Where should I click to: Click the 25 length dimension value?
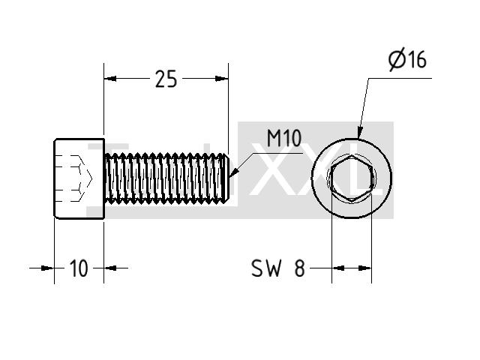(166, 79)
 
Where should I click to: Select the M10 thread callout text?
(284, 138)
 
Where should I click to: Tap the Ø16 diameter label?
(407, 59)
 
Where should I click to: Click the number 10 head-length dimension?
(79, 268)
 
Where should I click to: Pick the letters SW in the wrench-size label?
(266, 268)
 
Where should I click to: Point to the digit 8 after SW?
(300, 268)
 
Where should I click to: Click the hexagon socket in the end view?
(352, 178)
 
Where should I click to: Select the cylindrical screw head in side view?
(79, 178)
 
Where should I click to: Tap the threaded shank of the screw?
(166, 178)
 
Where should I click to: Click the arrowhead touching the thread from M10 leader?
(233, 173)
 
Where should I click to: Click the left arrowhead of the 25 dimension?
(110, 79)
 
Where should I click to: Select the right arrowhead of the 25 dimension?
(222, 79)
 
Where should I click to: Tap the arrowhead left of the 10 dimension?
(47, 268)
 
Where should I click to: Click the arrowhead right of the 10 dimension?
(110, 268)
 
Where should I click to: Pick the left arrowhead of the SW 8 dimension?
(338, 268)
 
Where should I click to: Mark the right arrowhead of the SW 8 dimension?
(365, 268)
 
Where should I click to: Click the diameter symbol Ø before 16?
(397, 59)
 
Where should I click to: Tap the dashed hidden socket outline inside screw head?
(74, 178)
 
